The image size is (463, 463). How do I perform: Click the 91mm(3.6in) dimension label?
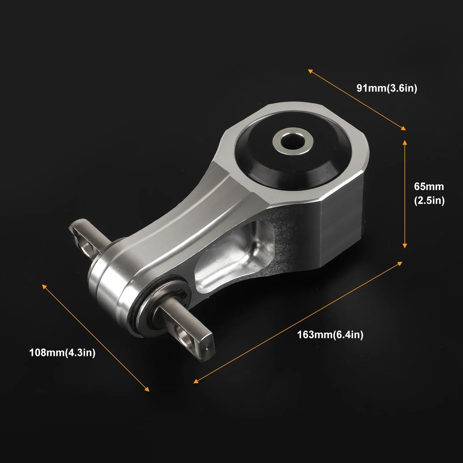coord(387,88)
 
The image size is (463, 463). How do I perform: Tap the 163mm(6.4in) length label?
coord(330,335)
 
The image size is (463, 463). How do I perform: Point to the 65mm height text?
coord(429,186)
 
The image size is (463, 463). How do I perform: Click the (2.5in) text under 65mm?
coord(429,200)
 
